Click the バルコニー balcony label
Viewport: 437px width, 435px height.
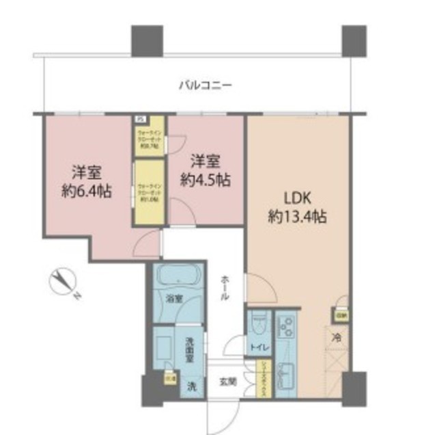[x=206, y=85]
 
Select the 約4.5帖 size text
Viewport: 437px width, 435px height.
[x=205, y=180]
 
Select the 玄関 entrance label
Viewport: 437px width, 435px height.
[x=227, y=382]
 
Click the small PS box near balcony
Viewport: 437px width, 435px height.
[x=140, y=116]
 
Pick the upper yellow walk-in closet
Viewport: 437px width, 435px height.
[x=148, y=137]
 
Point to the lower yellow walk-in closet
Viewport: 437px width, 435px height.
[x=148, y=192]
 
